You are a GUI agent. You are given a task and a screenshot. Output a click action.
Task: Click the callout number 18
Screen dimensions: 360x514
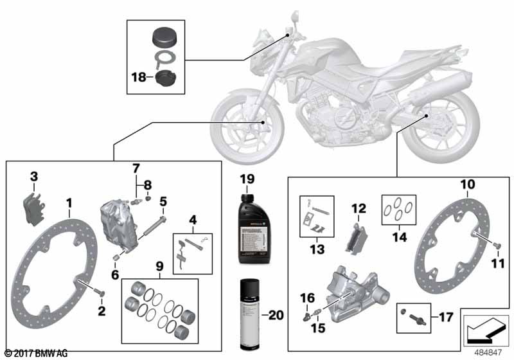(138, 77)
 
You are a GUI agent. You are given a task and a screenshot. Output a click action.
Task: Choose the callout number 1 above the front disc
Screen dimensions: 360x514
(69, 204)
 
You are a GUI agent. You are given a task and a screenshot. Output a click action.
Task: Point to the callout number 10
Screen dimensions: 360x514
(466, 184)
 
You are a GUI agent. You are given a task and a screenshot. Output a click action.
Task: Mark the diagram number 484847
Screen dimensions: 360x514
(487, 352)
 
